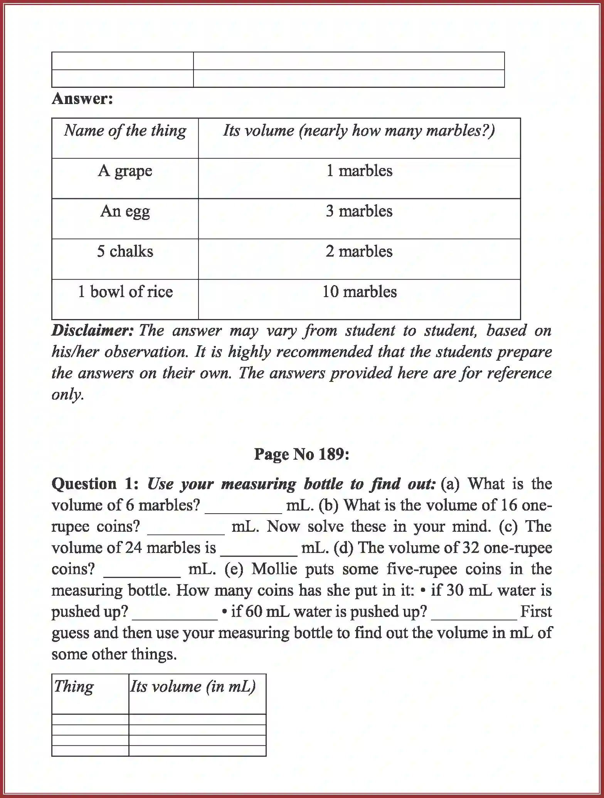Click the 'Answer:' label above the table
(82, 99)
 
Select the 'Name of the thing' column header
(125, 131)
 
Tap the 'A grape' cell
(125, 171)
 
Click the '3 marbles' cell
(359, 211)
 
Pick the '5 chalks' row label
(125, 251)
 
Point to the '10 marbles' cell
(359, 292)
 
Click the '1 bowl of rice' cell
(125, 292)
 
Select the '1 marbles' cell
(359, 171)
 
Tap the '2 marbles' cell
(359, 251)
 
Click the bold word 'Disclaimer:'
(93, 331)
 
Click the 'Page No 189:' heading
(302, 454)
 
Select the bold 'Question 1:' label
(95, 484)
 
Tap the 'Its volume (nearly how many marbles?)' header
(359, 131)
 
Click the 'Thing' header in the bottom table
(74, 686)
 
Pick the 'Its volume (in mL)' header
(193, 686)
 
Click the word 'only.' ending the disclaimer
(68, 394)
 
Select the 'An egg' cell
(125, 211)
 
